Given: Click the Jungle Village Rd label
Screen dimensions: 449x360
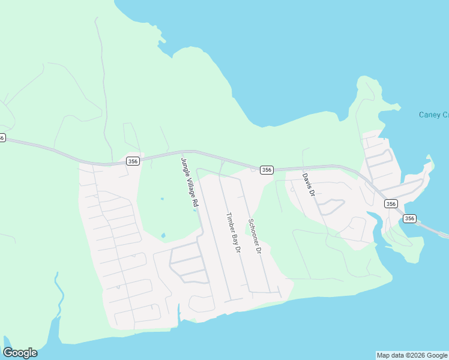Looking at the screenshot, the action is pos(188,182).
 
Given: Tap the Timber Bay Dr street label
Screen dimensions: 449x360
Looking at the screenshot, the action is pos(233,232).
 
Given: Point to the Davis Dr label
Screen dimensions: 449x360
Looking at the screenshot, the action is pos(308,185).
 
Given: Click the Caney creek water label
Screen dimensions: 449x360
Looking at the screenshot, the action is pos(433,115).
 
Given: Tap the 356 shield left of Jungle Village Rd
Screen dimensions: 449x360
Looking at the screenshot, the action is pos(133,161).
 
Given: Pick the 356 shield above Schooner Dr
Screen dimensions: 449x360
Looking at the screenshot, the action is pos(267,170).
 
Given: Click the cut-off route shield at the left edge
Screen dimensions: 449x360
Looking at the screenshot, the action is pos(2,137).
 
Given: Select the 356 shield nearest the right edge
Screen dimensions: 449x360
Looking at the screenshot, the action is pos(409,218).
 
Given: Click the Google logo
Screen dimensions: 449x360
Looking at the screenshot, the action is pos(20,353).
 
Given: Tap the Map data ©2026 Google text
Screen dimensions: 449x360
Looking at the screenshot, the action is pos(412,355).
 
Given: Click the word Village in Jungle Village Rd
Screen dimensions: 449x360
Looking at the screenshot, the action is pos(190,186).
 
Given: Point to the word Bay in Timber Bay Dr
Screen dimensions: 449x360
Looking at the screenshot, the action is pos(235,236).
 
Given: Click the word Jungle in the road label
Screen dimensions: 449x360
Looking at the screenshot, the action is pos(184,167).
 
